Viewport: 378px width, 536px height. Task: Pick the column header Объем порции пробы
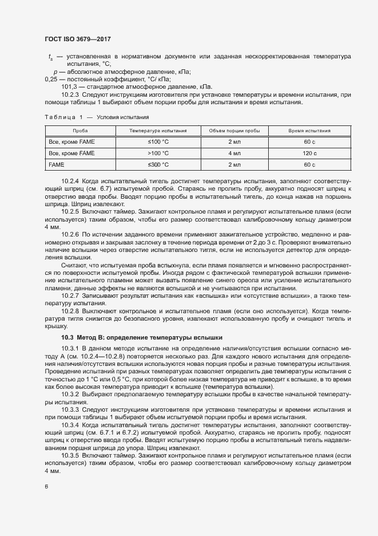coord(234,131)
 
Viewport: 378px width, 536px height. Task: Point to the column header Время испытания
coord(310,131)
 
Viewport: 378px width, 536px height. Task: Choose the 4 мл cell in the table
coord(234,153)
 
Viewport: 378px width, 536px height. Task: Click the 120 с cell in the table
coord(310,153)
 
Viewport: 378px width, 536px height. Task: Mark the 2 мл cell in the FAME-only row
coord(234,165)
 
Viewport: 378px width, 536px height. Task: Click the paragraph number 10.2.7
coord(70,295)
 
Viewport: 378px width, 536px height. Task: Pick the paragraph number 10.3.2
coord(70,395)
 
